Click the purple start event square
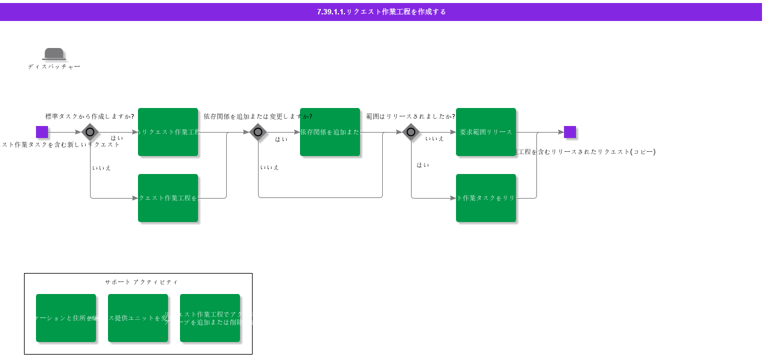point(42,132)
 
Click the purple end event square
point(569,132)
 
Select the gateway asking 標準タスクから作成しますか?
point(90,132)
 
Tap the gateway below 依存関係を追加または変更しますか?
point(258,132)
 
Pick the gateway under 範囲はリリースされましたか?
point(411,132)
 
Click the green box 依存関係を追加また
point(330,132)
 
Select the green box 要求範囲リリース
point(486,132)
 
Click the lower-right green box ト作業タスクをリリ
point(486,198)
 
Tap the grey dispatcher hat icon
point(54,54)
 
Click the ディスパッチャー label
point(54,67)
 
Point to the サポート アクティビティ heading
point(141,282)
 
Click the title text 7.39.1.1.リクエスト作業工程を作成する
point(382,12)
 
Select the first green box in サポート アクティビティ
point(66,318)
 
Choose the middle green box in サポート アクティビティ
point(138,318)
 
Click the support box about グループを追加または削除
point(210,318)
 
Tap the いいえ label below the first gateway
point(101,168)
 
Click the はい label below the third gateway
point(423,165)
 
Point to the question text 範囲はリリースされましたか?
point(410,116)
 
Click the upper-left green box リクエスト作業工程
point(168,132)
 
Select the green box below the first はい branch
point(168,198)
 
